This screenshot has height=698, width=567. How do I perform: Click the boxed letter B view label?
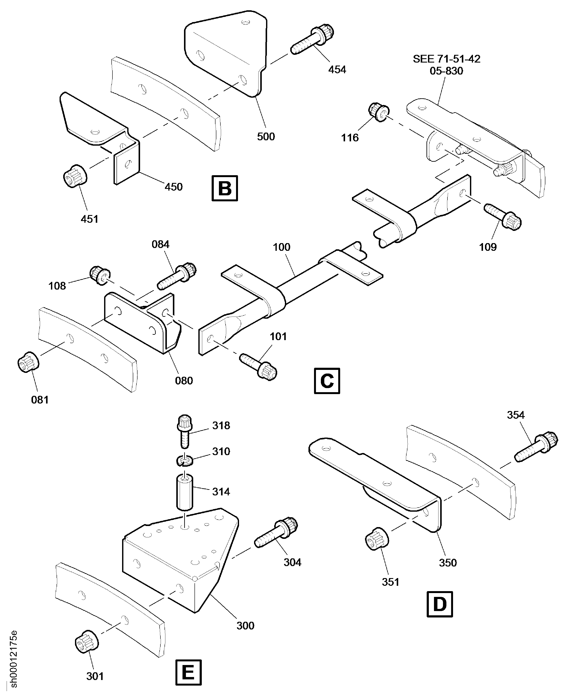click(225, 188)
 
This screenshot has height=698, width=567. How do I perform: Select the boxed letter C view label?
click(327, 381)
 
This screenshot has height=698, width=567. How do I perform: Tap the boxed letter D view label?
click(439, 604)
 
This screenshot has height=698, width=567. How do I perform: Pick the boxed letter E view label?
click(189, 673)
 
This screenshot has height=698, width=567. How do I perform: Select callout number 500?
click(266, 136)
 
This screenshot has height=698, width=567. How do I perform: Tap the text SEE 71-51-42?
click(446, 59)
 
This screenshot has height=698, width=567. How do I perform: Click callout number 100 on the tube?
click(281, 247)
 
